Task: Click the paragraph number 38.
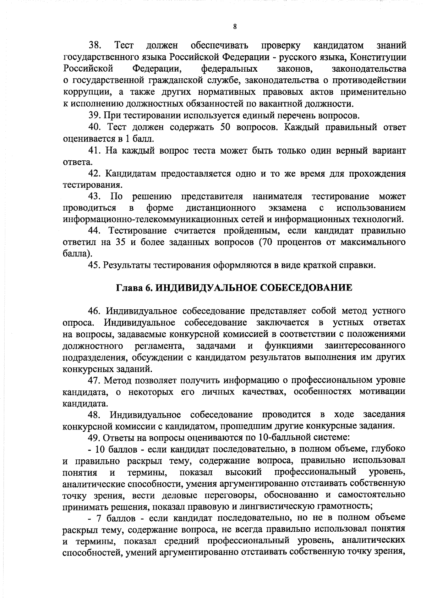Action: click(95, 45)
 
